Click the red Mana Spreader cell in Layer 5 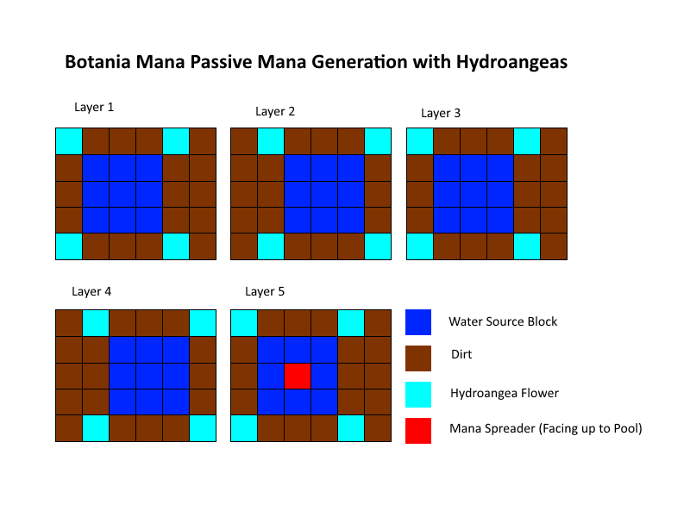(298, 376)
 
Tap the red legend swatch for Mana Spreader (418, 430)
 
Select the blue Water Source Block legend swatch (418, 322)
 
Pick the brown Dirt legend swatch (418, 358)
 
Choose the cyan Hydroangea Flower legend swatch (418, 395)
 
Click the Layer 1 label (94, 107)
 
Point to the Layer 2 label (275, 112)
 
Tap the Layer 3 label (441, 114)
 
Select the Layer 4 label (91, 291)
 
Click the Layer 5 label (265, 291)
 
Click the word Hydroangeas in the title (511, 62)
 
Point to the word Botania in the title (97, 61)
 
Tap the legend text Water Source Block (503, 321)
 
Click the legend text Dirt (461, 354)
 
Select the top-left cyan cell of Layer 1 (69, 141)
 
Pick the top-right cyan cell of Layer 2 (378, 141)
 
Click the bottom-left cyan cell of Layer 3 (420, 246)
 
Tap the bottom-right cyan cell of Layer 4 (203, 428)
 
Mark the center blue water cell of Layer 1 (122, 194)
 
